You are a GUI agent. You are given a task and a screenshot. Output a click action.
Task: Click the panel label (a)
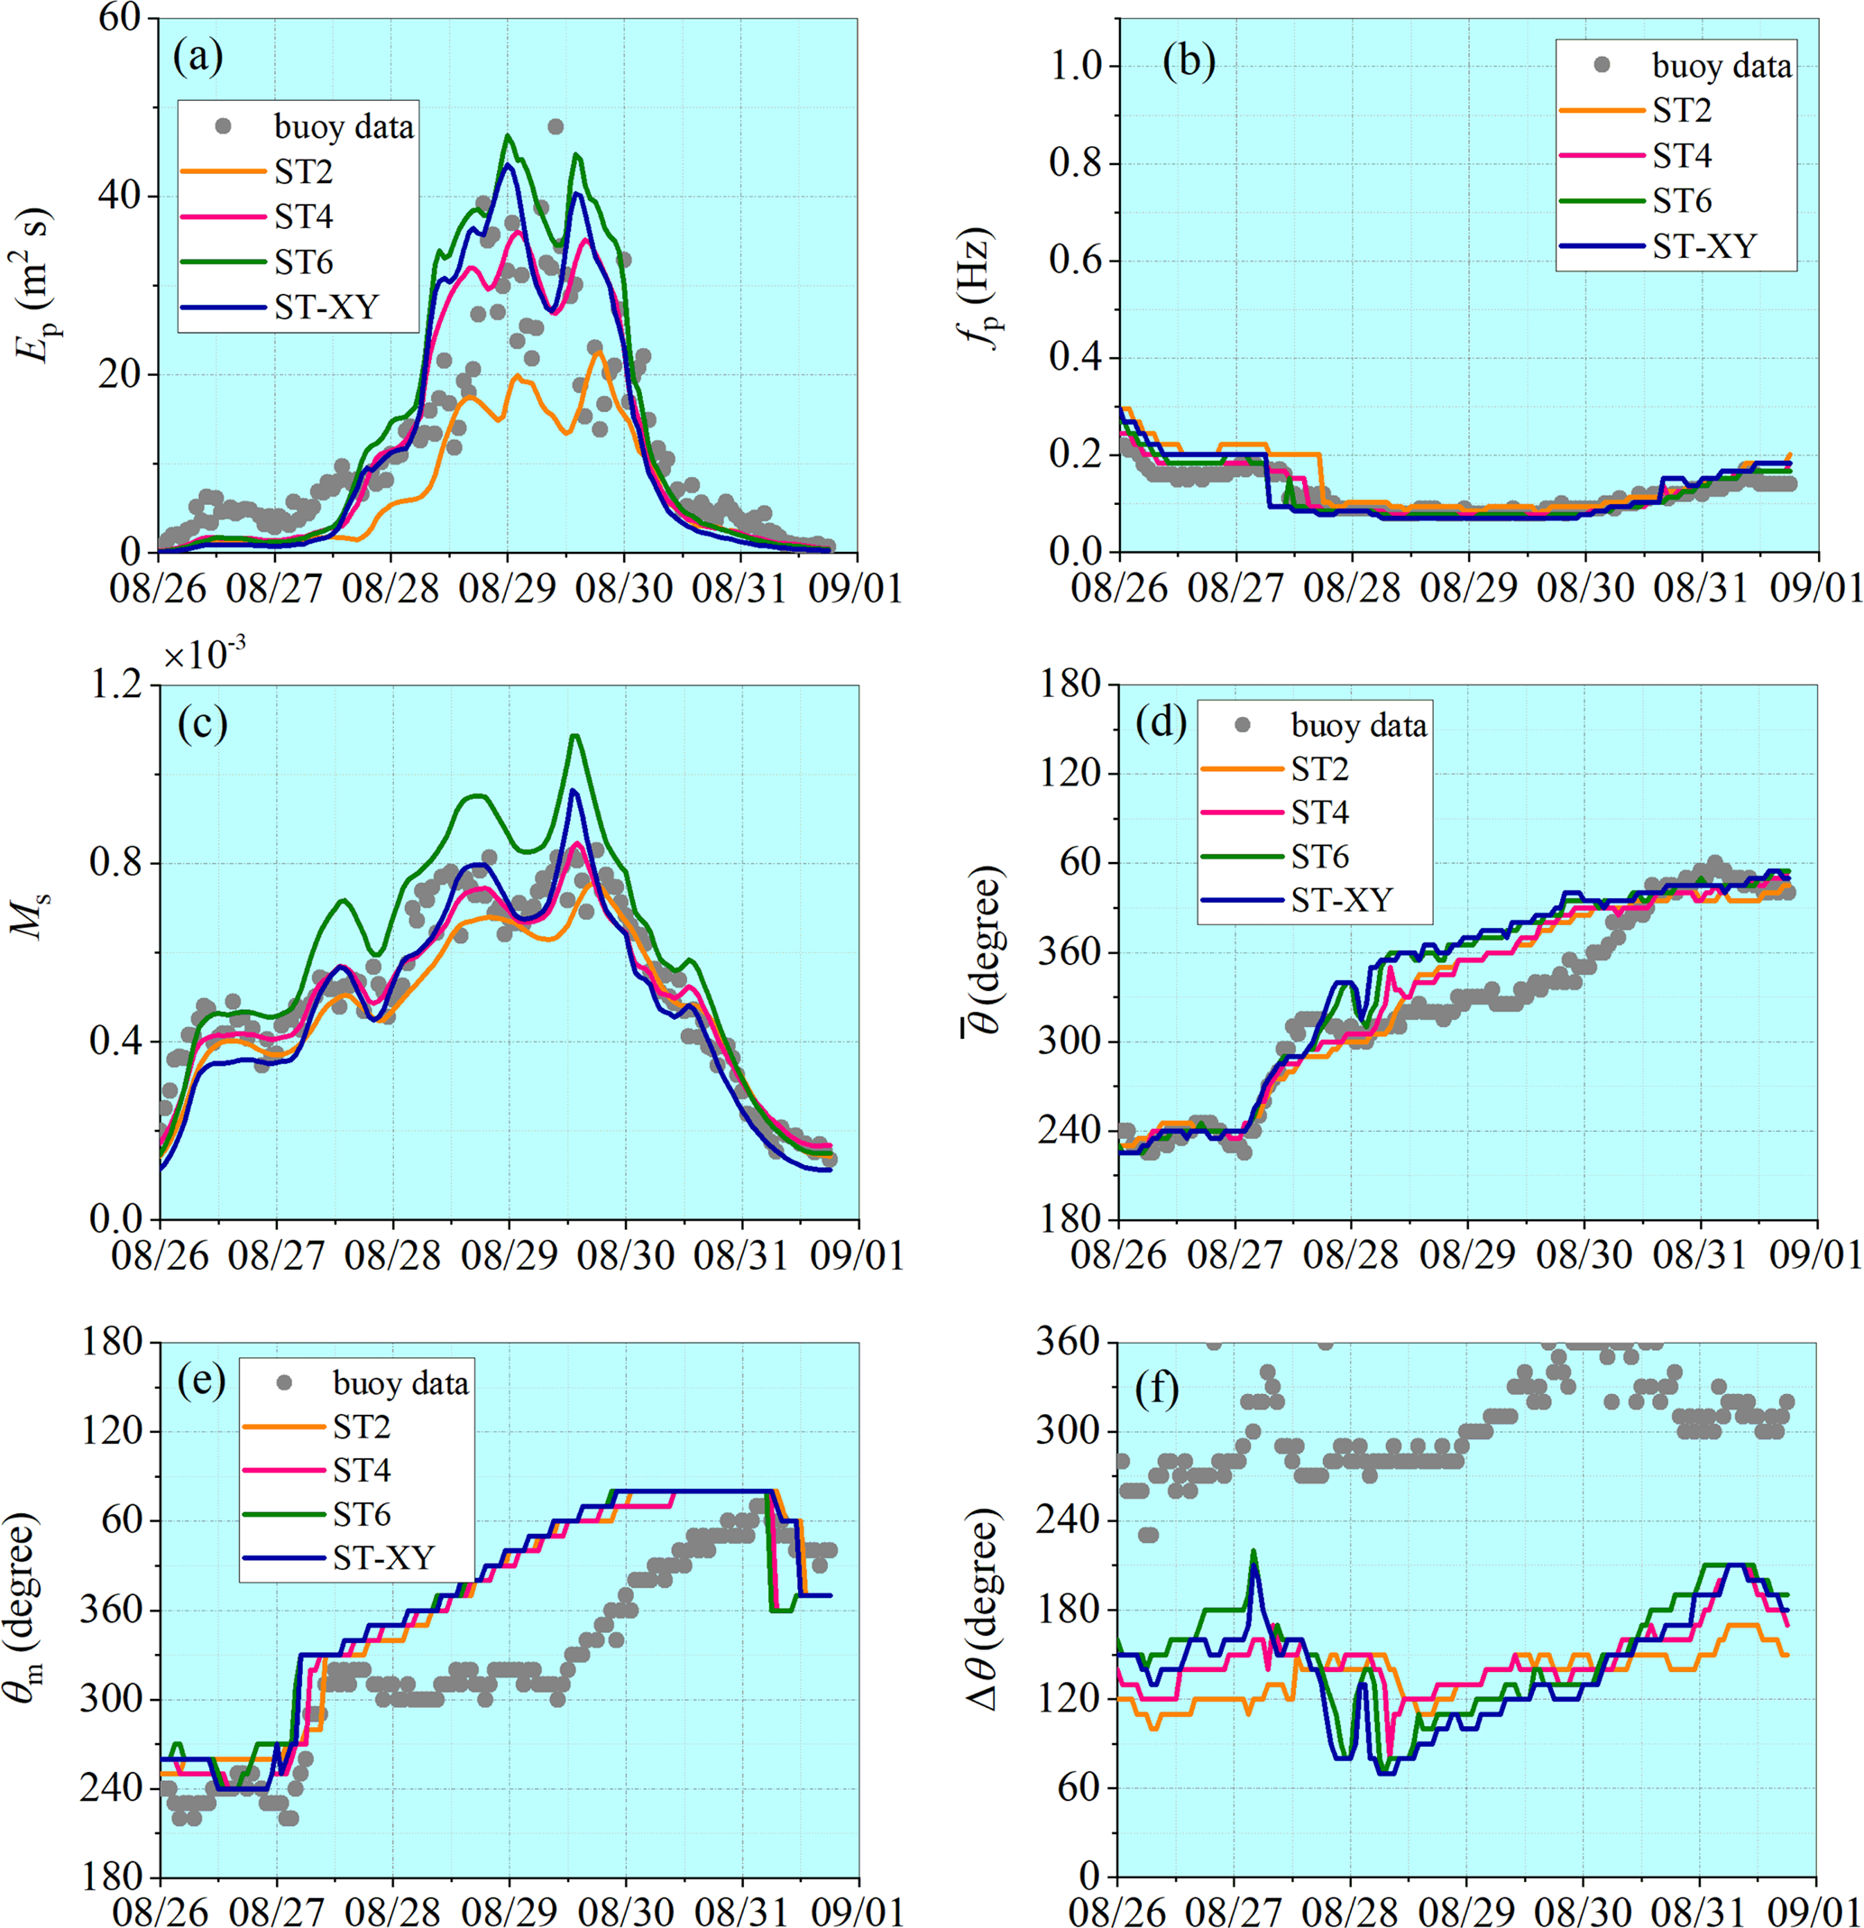pyautogui.click(x=197, y=58)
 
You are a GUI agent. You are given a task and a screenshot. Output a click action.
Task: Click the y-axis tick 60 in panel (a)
pyautogui.click(x=121, y=19)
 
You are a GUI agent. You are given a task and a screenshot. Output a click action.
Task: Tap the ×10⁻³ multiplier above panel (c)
pyautogui.click(x=204, y=654)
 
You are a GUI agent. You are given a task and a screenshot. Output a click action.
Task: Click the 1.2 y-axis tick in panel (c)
pyautogui.click(x=118, y=685)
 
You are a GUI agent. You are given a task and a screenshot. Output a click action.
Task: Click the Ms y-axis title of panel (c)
pyautogui.click(x=36, y=914)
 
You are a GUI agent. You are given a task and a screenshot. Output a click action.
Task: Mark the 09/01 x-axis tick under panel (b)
pyautogui.click(x=1817, y=588)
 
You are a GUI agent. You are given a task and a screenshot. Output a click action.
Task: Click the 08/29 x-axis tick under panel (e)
pyautogui.click(x=509, y=1911)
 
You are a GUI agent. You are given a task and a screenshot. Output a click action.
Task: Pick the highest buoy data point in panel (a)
pyautogui.click(x=555, y=127)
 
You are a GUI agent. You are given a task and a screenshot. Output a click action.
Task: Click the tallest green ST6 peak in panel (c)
pyautogui.click(x=574, y=736)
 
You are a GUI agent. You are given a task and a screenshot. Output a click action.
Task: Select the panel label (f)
pyautogui.click(x=1156, y=1391)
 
